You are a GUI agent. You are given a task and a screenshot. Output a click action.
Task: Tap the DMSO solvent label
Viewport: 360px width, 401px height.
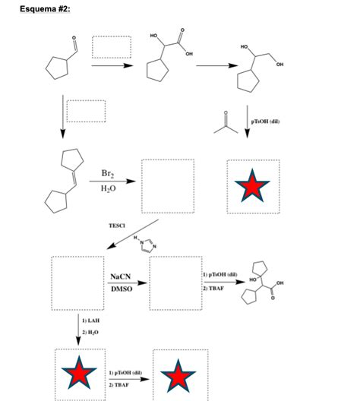[120, 289]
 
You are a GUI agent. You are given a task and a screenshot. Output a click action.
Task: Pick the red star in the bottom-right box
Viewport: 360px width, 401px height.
[179, 375]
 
